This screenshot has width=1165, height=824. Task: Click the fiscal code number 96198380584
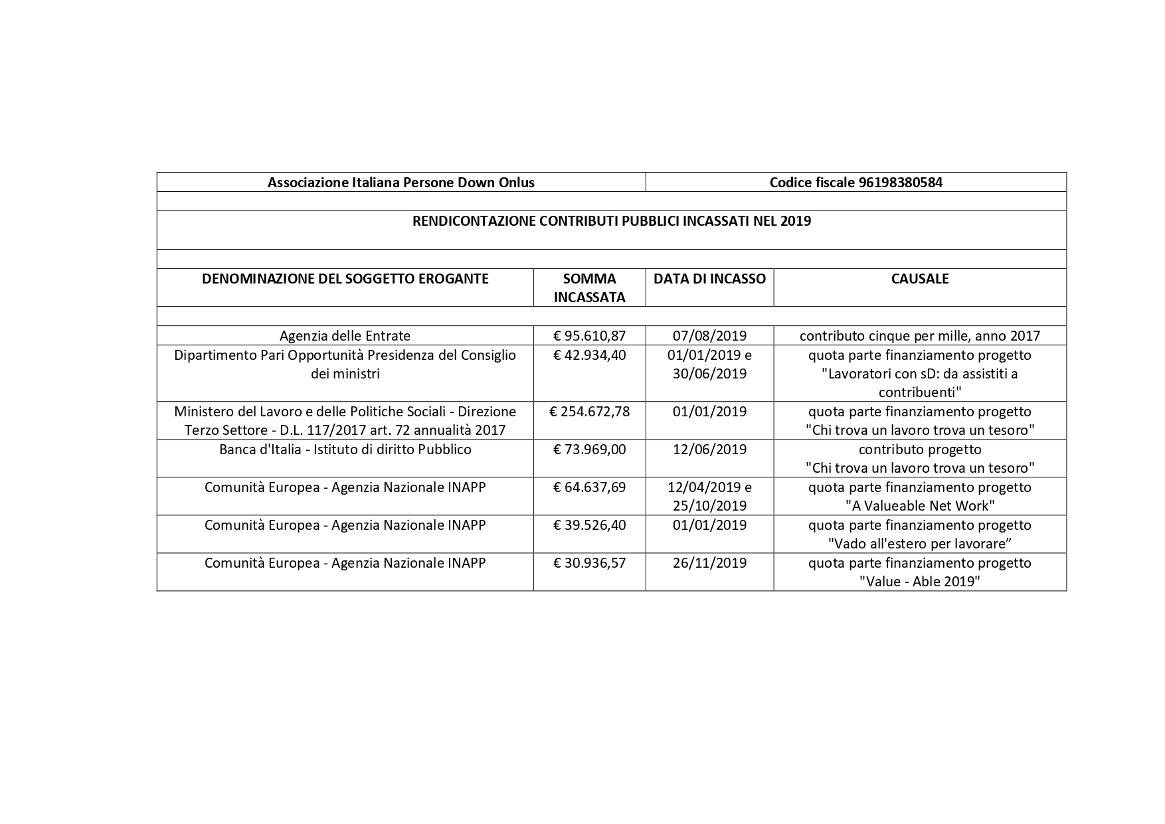coord(900,183)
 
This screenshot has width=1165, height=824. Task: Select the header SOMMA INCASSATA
coord(589,288)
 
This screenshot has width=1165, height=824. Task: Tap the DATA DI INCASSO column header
coord(709,279)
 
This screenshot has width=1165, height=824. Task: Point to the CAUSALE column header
coord(919,279)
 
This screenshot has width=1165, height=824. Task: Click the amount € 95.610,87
coord(589,336)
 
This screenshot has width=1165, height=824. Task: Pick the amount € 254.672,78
coord(589,412)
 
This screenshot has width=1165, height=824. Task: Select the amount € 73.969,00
coord(589,450)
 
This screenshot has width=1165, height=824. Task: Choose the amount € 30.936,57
coord(589,563)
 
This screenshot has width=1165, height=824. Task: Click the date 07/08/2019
coord(709,336)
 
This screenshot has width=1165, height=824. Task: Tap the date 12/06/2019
coord(709,450)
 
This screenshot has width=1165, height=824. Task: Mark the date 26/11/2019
coord(709,563)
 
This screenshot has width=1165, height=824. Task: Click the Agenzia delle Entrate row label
coord(345,336)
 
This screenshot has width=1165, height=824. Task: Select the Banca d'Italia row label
coord(345,450)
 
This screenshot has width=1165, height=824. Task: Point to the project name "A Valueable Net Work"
coord(919,506)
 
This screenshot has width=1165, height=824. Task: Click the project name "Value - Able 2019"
coord(919,582)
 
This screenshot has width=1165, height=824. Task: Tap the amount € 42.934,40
coord(589,355)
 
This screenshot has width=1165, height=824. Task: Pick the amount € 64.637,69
coord(589,487)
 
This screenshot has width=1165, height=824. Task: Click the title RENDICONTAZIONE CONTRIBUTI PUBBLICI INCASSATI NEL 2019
coord(611,221)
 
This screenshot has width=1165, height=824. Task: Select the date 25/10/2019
coord(709,506)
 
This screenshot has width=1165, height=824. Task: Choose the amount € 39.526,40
coord(589,525)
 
